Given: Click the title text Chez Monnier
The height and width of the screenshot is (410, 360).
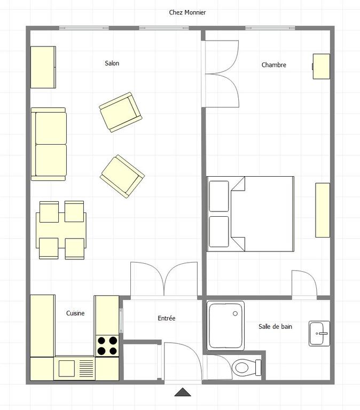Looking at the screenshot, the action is coord(187,12).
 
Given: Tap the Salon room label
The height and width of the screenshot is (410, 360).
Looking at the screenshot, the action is coord(112,64).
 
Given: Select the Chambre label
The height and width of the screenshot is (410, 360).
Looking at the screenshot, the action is coord(273,65).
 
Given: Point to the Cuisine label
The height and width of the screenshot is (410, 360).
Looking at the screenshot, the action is coord(75,313).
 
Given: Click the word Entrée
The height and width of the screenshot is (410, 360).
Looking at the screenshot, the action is coord(167,318).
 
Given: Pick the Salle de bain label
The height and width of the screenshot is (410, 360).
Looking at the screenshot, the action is coord(275,327).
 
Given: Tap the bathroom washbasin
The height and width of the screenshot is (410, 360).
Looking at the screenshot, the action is coord(319,334).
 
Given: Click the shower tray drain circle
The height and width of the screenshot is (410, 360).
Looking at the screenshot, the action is coord(235,313).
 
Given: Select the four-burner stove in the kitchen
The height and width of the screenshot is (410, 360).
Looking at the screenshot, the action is coord(107,346).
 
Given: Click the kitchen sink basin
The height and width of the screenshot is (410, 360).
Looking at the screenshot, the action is coord(67,368).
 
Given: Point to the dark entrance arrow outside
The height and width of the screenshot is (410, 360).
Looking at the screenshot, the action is coord(183,392).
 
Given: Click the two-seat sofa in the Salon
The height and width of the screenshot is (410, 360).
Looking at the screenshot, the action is coord(49,144).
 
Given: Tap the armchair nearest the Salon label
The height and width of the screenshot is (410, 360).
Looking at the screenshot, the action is coord(121,112).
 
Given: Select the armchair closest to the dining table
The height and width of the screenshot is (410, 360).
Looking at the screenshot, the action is coord(122,176).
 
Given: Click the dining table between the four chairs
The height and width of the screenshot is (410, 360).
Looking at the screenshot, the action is coord(61,230).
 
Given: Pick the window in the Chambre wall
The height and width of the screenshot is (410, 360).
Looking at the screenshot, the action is coord(270,28).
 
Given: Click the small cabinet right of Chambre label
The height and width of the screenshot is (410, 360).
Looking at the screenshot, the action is coord(321,66).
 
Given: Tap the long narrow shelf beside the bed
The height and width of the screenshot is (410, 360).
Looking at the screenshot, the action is coord(323,210).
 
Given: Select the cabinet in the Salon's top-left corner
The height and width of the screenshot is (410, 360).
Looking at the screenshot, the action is coord(43,67).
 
